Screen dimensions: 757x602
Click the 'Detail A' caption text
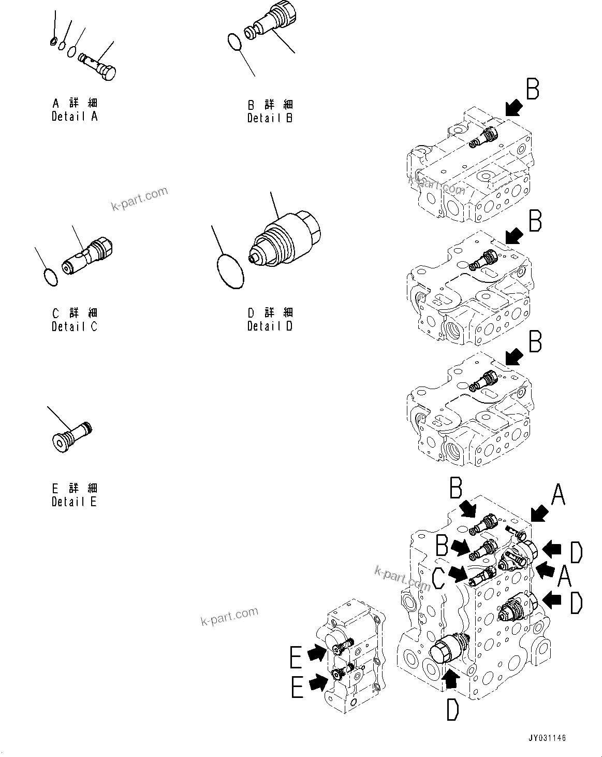pyautogui.click(x=75, y=117)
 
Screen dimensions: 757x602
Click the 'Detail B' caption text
pyautogui.click(x=270, y=118)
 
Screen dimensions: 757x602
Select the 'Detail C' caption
pyautogui.click(x=75, y=327)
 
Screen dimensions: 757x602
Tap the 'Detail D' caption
pyautogui.click(x=270, y=326)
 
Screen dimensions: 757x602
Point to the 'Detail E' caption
pyautogui.click(x=74, y=502)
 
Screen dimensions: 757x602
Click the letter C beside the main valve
pyautogui.click(x=438, y=578)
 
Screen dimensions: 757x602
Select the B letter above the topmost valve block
pyautogui.click(x=533, y=89)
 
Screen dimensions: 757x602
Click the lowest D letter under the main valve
pyautogui.click(x=452, y=706)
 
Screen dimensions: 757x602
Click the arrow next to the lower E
pyautogui.click(x=317, y=684)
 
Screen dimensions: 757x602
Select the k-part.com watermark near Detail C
pyautogui.click(x=140, y=199)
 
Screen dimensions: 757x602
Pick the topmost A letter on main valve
pyautogui.click(x=557, y=495)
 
